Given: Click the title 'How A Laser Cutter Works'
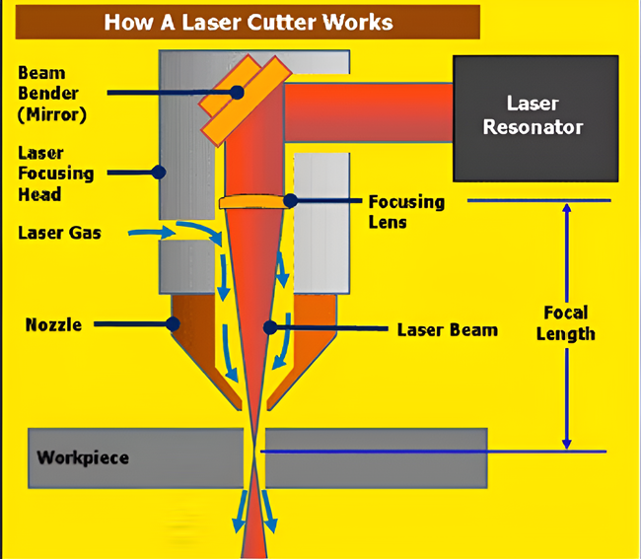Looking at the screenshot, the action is coord(249,22).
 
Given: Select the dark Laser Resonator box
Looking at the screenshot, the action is coord(535,118).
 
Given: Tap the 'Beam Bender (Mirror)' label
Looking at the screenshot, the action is coord(52,94).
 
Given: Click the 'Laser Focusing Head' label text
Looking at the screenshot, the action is coord(55,174).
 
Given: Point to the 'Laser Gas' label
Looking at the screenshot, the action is coord(59,233).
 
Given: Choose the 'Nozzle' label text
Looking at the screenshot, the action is coord(53,325).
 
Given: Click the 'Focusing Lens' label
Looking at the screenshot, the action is coord(406,212).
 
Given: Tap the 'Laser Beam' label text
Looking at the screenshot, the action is coord(448,329).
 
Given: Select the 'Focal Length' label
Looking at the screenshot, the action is coord(566,323).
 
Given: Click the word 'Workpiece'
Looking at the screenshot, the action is coord(83,457).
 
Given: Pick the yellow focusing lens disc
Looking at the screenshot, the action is coord(252,202).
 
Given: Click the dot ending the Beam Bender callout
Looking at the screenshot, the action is coord(237,93).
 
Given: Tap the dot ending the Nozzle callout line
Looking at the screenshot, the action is coord(173,324).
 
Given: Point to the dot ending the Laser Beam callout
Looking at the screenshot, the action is coord(270,327).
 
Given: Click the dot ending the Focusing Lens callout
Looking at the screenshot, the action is coord(290,201).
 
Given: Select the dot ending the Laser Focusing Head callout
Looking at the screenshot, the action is coord(159,172).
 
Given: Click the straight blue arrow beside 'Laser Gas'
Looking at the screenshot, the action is coord(152,233).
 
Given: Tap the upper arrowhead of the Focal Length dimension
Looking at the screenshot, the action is coord(567,208).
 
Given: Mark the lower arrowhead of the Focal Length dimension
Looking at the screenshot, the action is coord(567,445).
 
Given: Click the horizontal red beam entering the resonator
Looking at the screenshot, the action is coord(369,112).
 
